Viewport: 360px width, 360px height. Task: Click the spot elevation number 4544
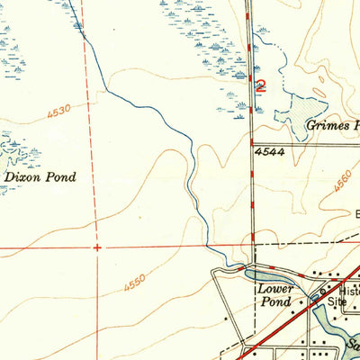point(269,153)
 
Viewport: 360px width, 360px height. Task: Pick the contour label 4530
point(58,112)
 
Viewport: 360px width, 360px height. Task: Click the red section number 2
point(261,86)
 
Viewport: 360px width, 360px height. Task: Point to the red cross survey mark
point(96,246)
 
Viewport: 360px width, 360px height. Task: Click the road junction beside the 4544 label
point(251,143)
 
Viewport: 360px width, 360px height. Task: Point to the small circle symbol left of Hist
point(320,293)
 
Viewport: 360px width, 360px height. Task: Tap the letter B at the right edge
point(356,216)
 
